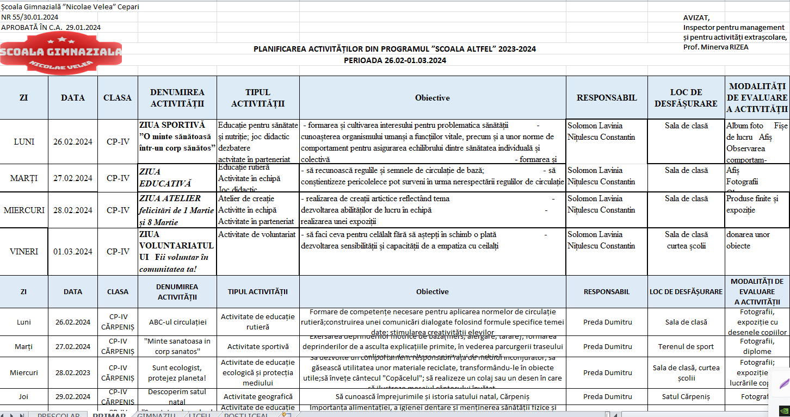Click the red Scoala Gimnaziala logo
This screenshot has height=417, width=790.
click(61, 53)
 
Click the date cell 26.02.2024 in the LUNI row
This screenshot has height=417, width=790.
click(73, 142)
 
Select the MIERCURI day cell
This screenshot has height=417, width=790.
click(24, 210)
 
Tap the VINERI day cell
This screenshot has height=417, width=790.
click(24, 252)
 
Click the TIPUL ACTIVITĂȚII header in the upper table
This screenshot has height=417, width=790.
click(258, 98)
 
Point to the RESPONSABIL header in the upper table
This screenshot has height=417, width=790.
click(607, 98)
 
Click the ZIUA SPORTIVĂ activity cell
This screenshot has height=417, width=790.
click(177, 136)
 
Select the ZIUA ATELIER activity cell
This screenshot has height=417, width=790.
click(177, 210)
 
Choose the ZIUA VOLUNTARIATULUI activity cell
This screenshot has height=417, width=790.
click(177, 252)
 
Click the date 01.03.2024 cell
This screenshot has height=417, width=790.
click(73, 252)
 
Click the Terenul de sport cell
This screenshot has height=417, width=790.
click(686, 346)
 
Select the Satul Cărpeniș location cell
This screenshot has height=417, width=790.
click(686, 397)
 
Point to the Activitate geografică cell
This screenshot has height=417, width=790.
click(258, 397)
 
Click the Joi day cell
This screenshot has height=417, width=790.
click(24, 397)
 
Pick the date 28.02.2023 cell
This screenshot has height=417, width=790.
click(73, 372)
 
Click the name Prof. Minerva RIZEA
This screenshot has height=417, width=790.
click(715, 47)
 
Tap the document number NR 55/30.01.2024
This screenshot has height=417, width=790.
click(30, 17)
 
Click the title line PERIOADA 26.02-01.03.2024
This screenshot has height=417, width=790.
click(395, 60)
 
